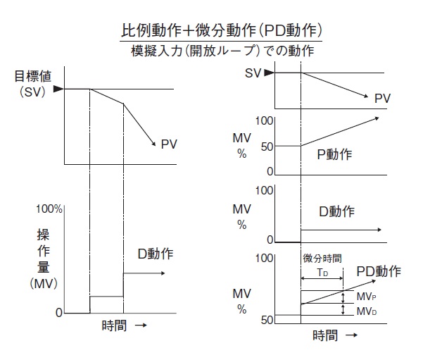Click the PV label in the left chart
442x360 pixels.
[x=169, y=144]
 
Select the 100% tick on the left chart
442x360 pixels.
[x=49, y=210]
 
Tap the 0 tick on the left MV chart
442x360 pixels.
[x=58, y=312]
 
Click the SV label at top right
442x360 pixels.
[x=254, y=73]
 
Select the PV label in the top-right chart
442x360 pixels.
[x=382, y=99]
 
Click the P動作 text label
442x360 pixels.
[x=334, y=155]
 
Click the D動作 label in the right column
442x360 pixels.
[x=336, y=211]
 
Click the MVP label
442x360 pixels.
[x=365, y=297]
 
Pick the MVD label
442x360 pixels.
[x=365, y=311]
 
